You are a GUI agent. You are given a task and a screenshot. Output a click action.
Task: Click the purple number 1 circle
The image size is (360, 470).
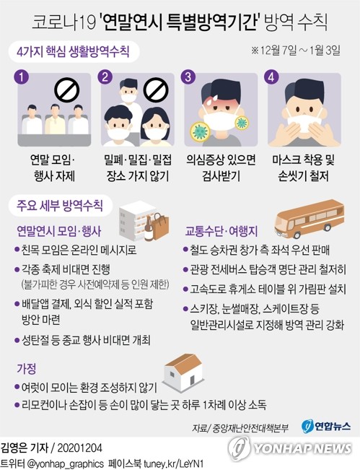pyautogui.click(x=21, y=77)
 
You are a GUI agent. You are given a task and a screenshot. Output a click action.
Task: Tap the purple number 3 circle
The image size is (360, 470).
pyautogui.click(x=188, y=77)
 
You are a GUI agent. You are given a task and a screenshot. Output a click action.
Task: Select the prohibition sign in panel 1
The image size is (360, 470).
pyautogui.click(x=66, y=90)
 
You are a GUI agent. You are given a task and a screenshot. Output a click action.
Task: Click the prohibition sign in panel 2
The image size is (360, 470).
pyautogui.click(x=155, y=90)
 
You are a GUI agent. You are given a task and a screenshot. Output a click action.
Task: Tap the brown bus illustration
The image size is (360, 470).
pyautogui.click(x=309, y=219)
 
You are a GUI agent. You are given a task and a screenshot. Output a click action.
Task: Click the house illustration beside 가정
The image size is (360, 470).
pyautogui.click(x=183, y=373)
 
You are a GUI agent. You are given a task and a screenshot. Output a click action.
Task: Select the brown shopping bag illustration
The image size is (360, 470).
pyautogui.click(x=160, y=226)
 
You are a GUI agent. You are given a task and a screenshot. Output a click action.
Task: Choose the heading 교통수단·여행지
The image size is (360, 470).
pyautogui.click(x=221, y=231)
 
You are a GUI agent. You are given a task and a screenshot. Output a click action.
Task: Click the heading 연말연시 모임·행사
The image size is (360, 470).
pyautogui.click(x=59, y=231)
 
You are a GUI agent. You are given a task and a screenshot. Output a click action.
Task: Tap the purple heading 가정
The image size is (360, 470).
pyautogui.click(x=27, y=368)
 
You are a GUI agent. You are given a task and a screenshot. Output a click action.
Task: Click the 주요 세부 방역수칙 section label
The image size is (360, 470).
pyautogui.click(x=60, y=206)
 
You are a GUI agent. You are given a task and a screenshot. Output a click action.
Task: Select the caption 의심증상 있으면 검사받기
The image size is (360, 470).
pyautogui.click(x=221, y=168)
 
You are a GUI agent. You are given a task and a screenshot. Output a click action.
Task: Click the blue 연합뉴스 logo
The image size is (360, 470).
pyautogui.click(x=326, y=426)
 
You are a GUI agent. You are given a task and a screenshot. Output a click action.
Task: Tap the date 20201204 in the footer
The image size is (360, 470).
pyautogui.click(x=79, y=448)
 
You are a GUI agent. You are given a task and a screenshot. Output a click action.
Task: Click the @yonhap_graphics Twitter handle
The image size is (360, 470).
pyautogui.click(x=66, y=463)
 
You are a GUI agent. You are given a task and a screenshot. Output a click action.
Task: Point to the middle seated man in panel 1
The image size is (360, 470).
pyautogui.click(x=55, y=119)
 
